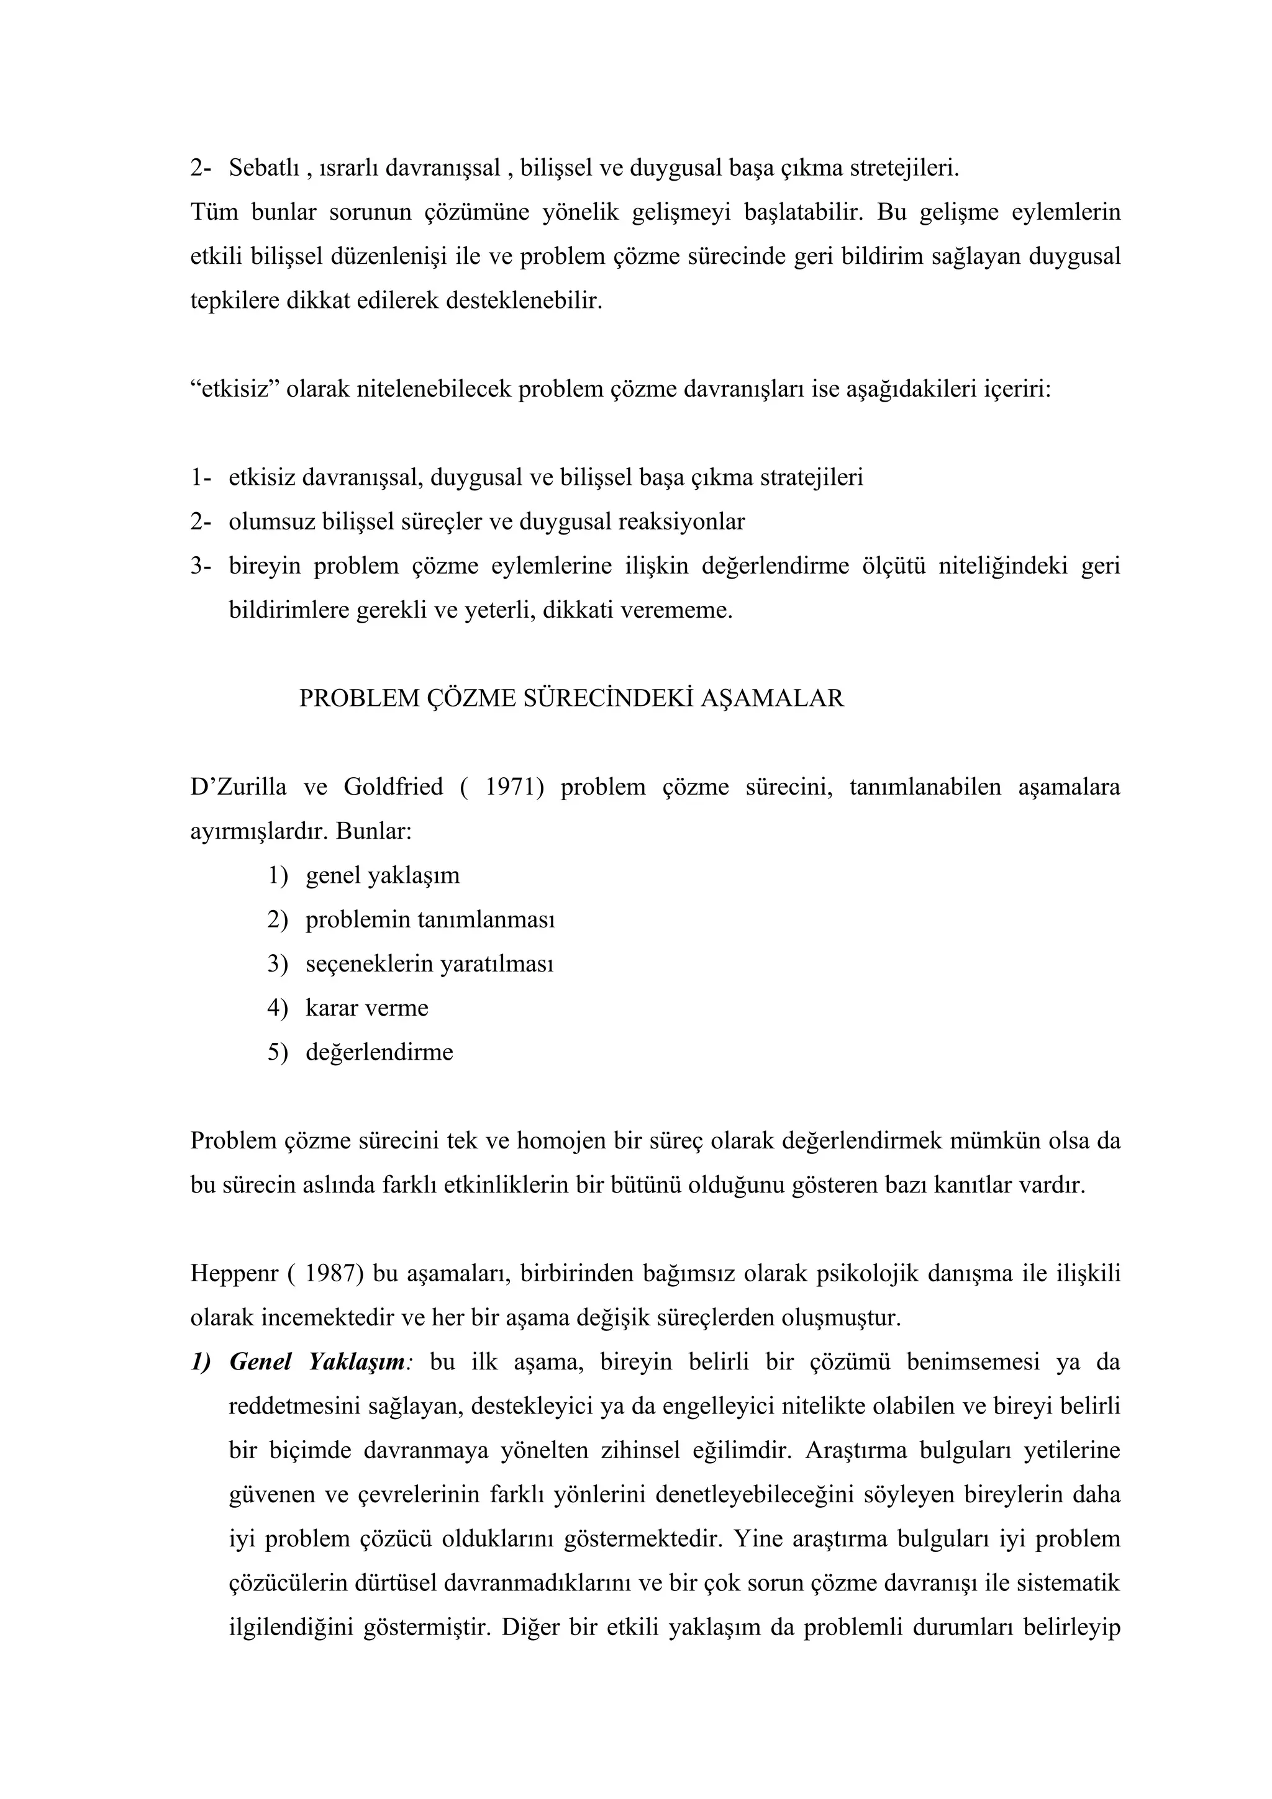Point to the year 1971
point(514,787)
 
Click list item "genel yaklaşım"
point(383,875)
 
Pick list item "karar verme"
point(367,1008)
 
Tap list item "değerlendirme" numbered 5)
point(379,1052)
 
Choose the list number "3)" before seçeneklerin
point(278,963)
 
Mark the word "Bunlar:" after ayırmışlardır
point(374,831)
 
